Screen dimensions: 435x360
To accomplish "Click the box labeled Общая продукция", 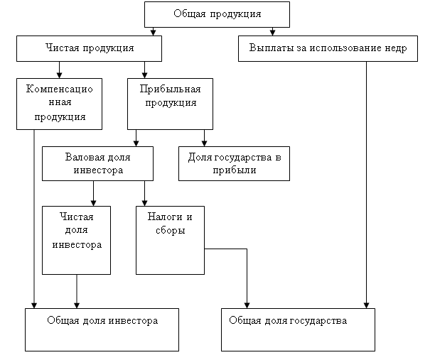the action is pyautogui.click(x=217, y=14).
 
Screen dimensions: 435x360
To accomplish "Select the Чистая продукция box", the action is pyautogui.click(x=89, y=48).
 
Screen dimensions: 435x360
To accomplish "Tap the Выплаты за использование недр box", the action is pyautogui.click(x=328, y=48).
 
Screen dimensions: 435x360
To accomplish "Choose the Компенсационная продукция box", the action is pyautogui.click(x=60, y=104).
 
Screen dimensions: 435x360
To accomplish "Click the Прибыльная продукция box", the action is pyautogui.click(x=170, y=104).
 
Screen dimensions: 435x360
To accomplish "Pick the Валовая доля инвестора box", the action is pyautogui.click(x=97, y=163).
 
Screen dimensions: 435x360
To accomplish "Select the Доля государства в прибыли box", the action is pyautogui.click(x=234, y=163).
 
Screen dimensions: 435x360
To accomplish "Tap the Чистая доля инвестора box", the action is pyautogui.click(x=76, y=240).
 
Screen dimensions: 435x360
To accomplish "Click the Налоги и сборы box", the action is pyautogui.click(x=170, y=240).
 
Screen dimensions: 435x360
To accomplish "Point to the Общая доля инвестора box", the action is pyautogui.click(x=102, y=329).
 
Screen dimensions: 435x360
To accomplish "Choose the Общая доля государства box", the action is pyautogui.click(x=299, y=329).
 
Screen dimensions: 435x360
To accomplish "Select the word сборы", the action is pyautogui.click(x=171, y=230).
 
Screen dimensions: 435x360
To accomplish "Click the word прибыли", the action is pyautogui.click(x=235, y=170).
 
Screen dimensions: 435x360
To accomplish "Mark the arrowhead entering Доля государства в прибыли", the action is pyautogui.click(x=204, y=143).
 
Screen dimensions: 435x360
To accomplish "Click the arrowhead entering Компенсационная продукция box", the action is pyautogui.click(x=59, y=75).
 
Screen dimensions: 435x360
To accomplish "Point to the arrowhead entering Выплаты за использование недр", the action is pyautogui.click(x=272, y=33).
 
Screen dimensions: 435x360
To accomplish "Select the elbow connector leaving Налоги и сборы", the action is pyautogui.click(x=247, y=249).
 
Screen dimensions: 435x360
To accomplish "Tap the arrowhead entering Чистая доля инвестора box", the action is pyautogui.click(x=93, y=203).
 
